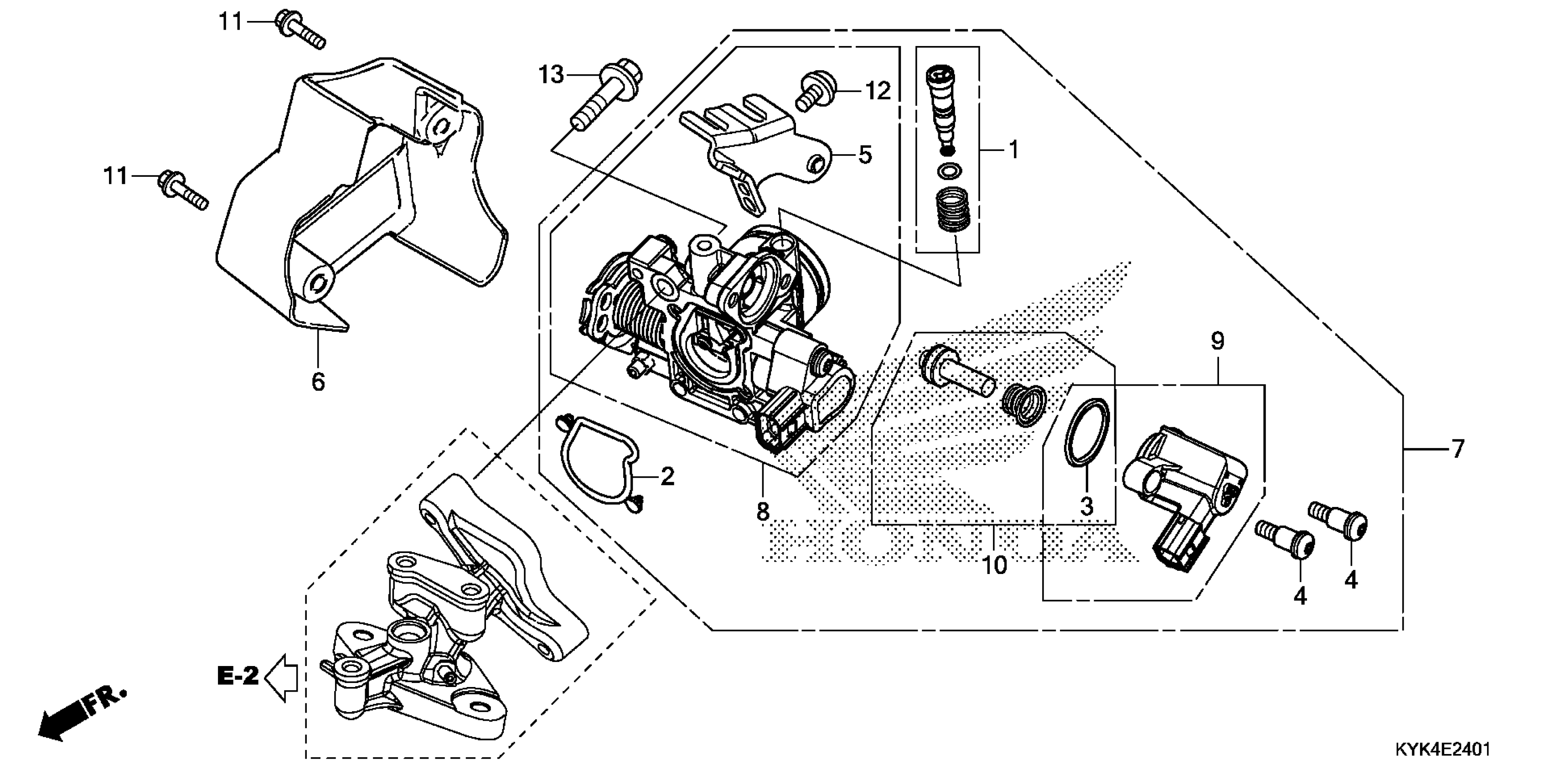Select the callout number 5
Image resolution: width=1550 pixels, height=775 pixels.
pyautogui.click(x=865, y=155)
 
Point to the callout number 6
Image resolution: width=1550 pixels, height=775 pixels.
pyautogui.click(x=318, y=382)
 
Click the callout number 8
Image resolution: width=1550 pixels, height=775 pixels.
pyautogui.click(x=762, y=511)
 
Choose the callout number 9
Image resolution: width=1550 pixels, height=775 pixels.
pyautogui.click(x=1217, y=342)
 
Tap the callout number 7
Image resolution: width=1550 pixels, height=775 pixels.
pyautogui.click(x=1457, y=449)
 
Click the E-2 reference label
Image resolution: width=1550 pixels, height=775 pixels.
pyautogui.click(x=238, y=677)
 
